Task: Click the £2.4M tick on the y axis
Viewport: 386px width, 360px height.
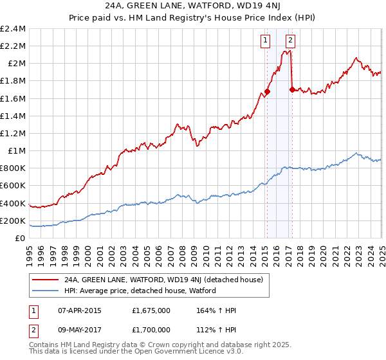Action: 13,28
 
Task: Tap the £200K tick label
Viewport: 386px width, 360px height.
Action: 12,221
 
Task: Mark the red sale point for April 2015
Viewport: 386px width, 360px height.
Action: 267,91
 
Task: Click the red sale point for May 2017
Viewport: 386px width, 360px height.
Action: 291,89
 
